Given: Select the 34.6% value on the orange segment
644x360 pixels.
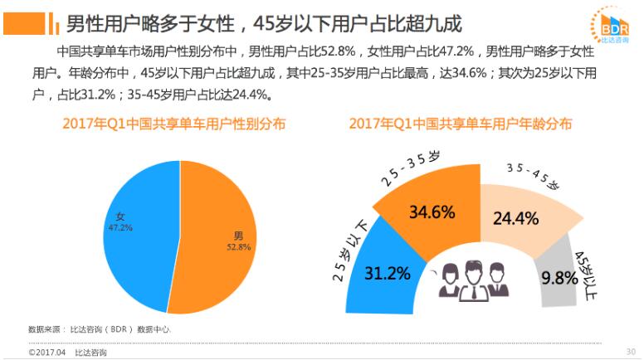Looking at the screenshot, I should coord(432,212).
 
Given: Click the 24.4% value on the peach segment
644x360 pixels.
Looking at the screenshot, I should coord(516,219).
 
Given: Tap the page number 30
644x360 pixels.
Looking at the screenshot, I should coord(630,351).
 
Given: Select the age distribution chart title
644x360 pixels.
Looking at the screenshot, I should coord(460,124).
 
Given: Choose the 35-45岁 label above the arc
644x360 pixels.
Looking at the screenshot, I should coord(532,175).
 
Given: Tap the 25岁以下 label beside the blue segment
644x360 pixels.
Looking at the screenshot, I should coord(349,250).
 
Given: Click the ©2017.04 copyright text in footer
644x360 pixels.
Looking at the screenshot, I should coord(46,353).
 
